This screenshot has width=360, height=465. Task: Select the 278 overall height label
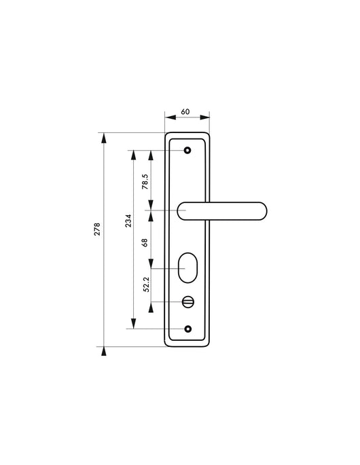pos(98,229)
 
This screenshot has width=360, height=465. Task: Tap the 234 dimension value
pos(129,221)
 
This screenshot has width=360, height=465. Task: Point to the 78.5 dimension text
pos(145,182)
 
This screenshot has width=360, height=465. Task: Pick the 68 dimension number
pos(145,242)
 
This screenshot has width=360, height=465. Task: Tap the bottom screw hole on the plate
pos(189,329)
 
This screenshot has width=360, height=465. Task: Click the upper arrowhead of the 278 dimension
pos(103,137)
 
